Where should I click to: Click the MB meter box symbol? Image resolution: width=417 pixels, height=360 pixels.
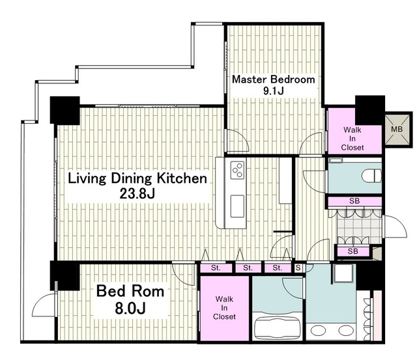398,129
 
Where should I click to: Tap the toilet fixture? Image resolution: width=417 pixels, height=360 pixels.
371,175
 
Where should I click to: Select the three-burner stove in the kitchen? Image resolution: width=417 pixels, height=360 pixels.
237,170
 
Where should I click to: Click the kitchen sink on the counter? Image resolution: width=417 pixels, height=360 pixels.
237,206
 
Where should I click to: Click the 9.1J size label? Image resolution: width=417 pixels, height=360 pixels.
274,91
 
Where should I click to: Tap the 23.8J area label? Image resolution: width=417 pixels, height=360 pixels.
137,194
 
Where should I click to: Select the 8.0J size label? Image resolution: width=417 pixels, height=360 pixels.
130,308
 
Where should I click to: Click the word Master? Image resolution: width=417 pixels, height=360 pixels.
249,79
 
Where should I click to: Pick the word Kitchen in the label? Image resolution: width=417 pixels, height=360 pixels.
182,178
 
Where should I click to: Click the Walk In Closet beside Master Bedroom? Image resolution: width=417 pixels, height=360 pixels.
352,139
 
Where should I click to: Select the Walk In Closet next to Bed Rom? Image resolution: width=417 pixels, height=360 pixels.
224,308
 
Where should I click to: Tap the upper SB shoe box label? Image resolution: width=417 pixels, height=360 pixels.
354,201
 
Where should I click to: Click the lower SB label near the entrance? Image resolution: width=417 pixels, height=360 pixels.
353,251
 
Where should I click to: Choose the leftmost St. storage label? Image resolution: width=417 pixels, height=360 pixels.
216,268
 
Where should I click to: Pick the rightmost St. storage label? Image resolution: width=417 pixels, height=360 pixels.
278,268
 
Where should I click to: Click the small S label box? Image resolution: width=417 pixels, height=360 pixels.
298,268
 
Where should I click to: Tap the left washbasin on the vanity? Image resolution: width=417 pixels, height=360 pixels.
319,331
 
